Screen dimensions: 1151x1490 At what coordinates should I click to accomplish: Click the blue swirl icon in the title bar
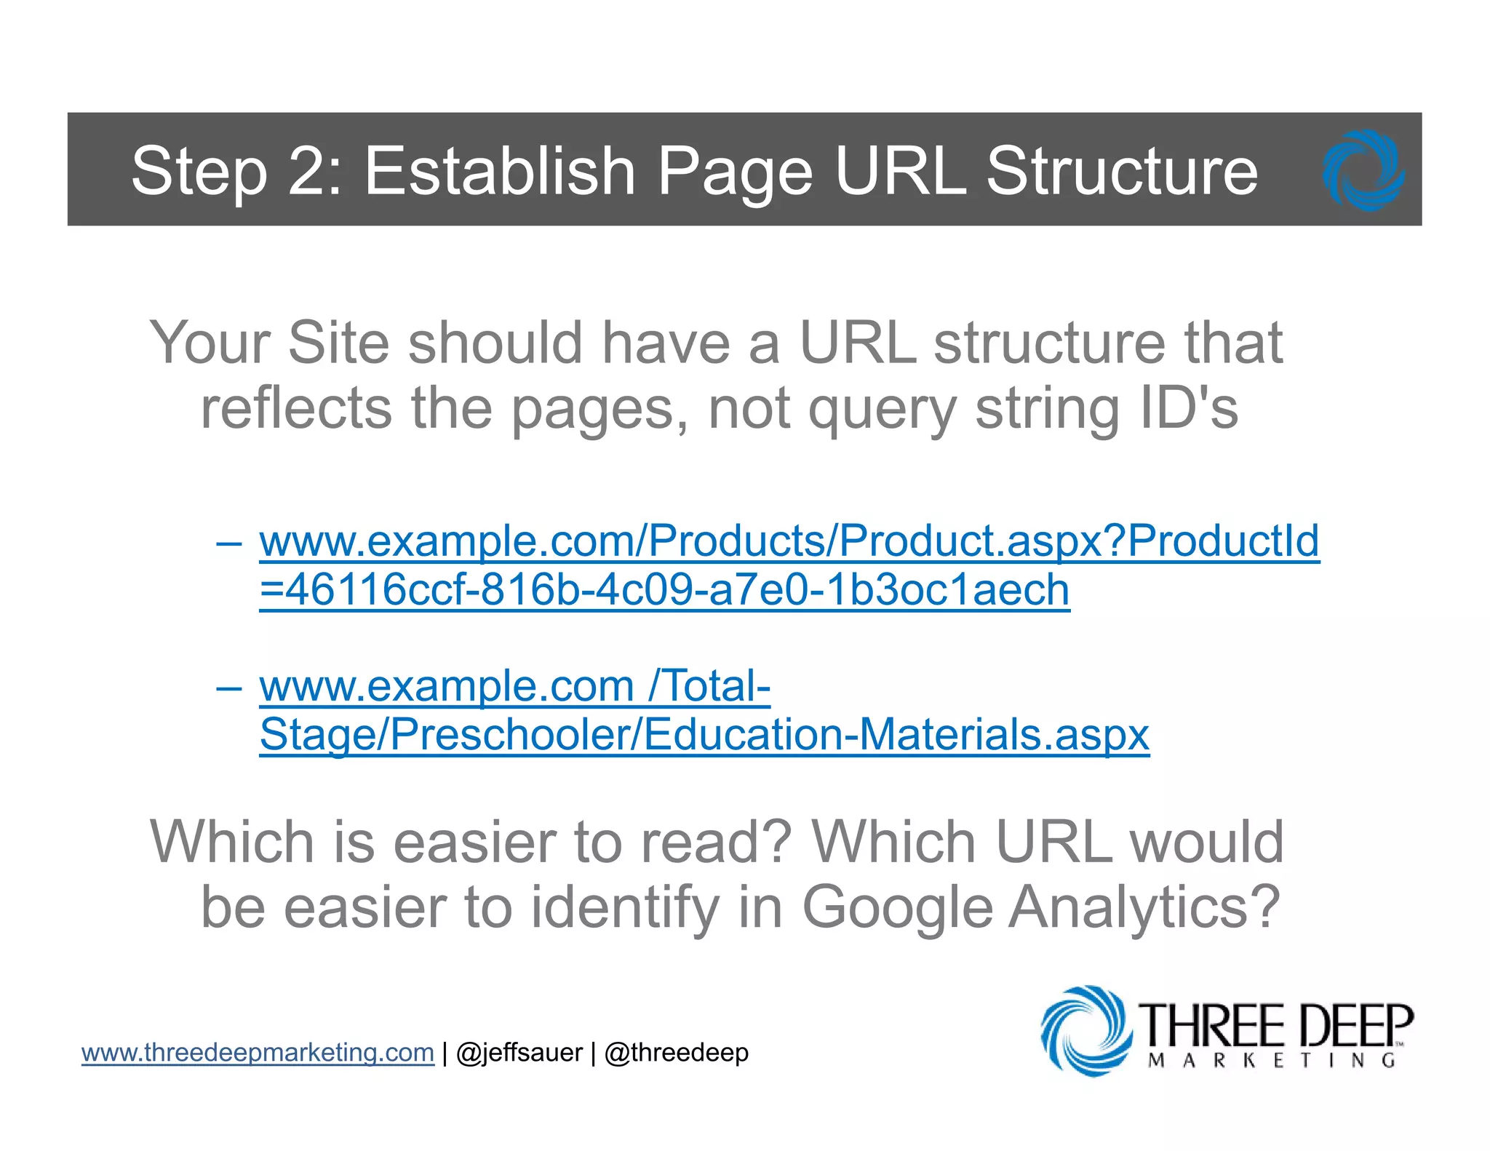[x=1363, y=171]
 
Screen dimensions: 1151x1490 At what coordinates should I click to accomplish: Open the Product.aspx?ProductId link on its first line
[x=789, y=541]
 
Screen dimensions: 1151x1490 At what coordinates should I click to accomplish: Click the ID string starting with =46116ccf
[x=664, y=590]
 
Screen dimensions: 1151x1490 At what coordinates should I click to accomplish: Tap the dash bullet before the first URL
[x=228, y=543]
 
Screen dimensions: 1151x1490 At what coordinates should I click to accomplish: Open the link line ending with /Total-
[x=514, y=687]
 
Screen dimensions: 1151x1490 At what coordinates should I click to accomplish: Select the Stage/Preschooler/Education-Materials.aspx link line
[x=704, y=735]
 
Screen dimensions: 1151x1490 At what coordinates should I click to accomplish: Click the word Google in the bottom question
[x=897, y=907]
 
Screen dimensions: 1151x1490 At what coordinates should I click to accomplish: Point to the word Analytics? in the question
[x=1144, y=907]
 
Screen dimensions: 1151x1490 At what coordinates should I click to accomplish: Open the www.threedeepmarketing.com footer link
[x=258, y=1053]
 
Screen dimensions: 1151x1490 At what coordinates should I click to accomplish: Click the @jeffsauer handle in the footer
[x=519, y=1053]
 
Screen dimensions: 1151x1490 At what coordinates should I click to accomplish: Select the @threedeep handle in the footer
[x=676, y=1053]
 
